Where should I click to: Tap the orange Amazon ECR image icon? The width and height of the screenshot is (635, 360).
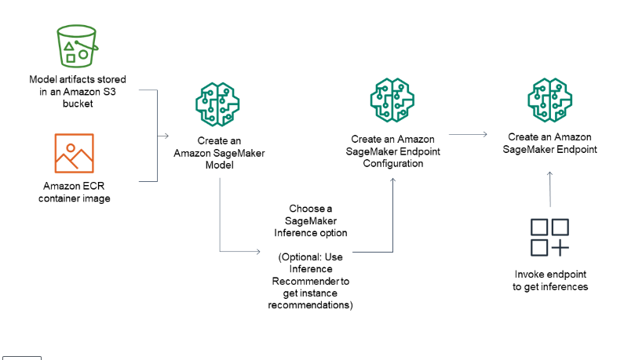(74, 153)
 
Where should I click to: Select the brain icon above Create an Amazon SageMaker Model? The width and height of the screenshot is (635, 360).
(217, 104)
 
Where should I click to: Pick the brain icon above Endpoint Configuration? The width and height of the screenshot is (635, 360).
(392, 100)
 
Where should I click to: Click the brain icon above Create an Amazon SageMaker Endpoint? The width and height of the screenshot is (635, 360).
(549, 100)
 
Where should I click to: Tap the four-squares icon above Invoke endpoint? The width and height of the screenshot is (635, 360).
(549, 238)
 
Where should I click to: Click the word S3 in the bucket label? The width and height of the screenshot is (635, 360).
(109, 92)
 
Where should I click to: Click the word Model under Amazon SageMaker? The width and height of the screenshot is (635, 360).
(220, 165)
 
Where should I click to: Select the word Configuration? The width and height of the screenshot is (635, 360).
(392, 163)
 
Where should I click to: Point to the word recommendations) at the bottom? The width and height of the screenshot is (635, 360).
(310, 305)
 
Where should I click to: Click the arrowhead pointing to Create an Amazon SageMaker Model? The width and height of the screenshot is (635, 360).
(166, 136)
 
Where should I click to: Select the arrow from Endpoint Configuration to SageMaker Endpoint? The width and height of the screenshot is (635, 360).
(468, 134)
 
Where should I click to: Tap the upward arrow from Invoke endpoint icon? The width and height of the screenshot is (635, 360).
(549, 189)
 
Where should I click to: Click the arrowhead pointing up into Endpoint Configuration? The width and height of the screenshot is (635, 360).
(392, 180)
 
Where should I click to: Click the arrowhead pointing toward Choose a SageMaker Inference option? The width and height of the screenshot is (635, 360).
(257, 252)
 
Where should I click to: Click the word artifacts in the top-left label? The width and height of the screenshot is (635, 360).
(78, 79)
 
